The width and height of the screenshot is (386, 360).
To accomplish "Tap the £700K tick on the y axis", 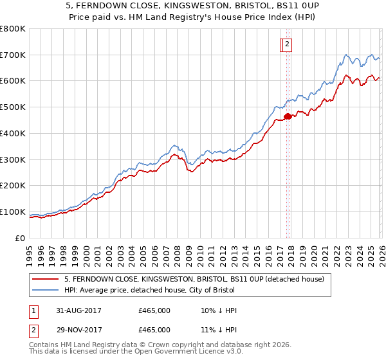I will tap(13, 55).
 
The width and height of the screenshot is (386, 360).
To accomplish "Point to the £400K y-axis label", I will tap(13, 133).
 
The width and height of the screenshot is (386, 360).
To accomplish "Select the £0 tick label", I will tap(19, 238).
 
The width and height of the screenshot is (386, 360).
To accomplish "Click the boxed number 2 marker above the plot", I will tap(287, 44).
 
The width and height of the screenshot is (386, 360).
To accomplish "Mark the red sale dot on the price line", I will tap(288, 116).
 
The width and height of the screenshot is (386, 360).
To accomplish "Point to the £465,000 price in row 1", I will tap(154, 310).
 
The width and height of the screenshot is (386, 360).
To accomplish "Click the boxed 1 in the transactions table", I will tap(34, 310).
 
